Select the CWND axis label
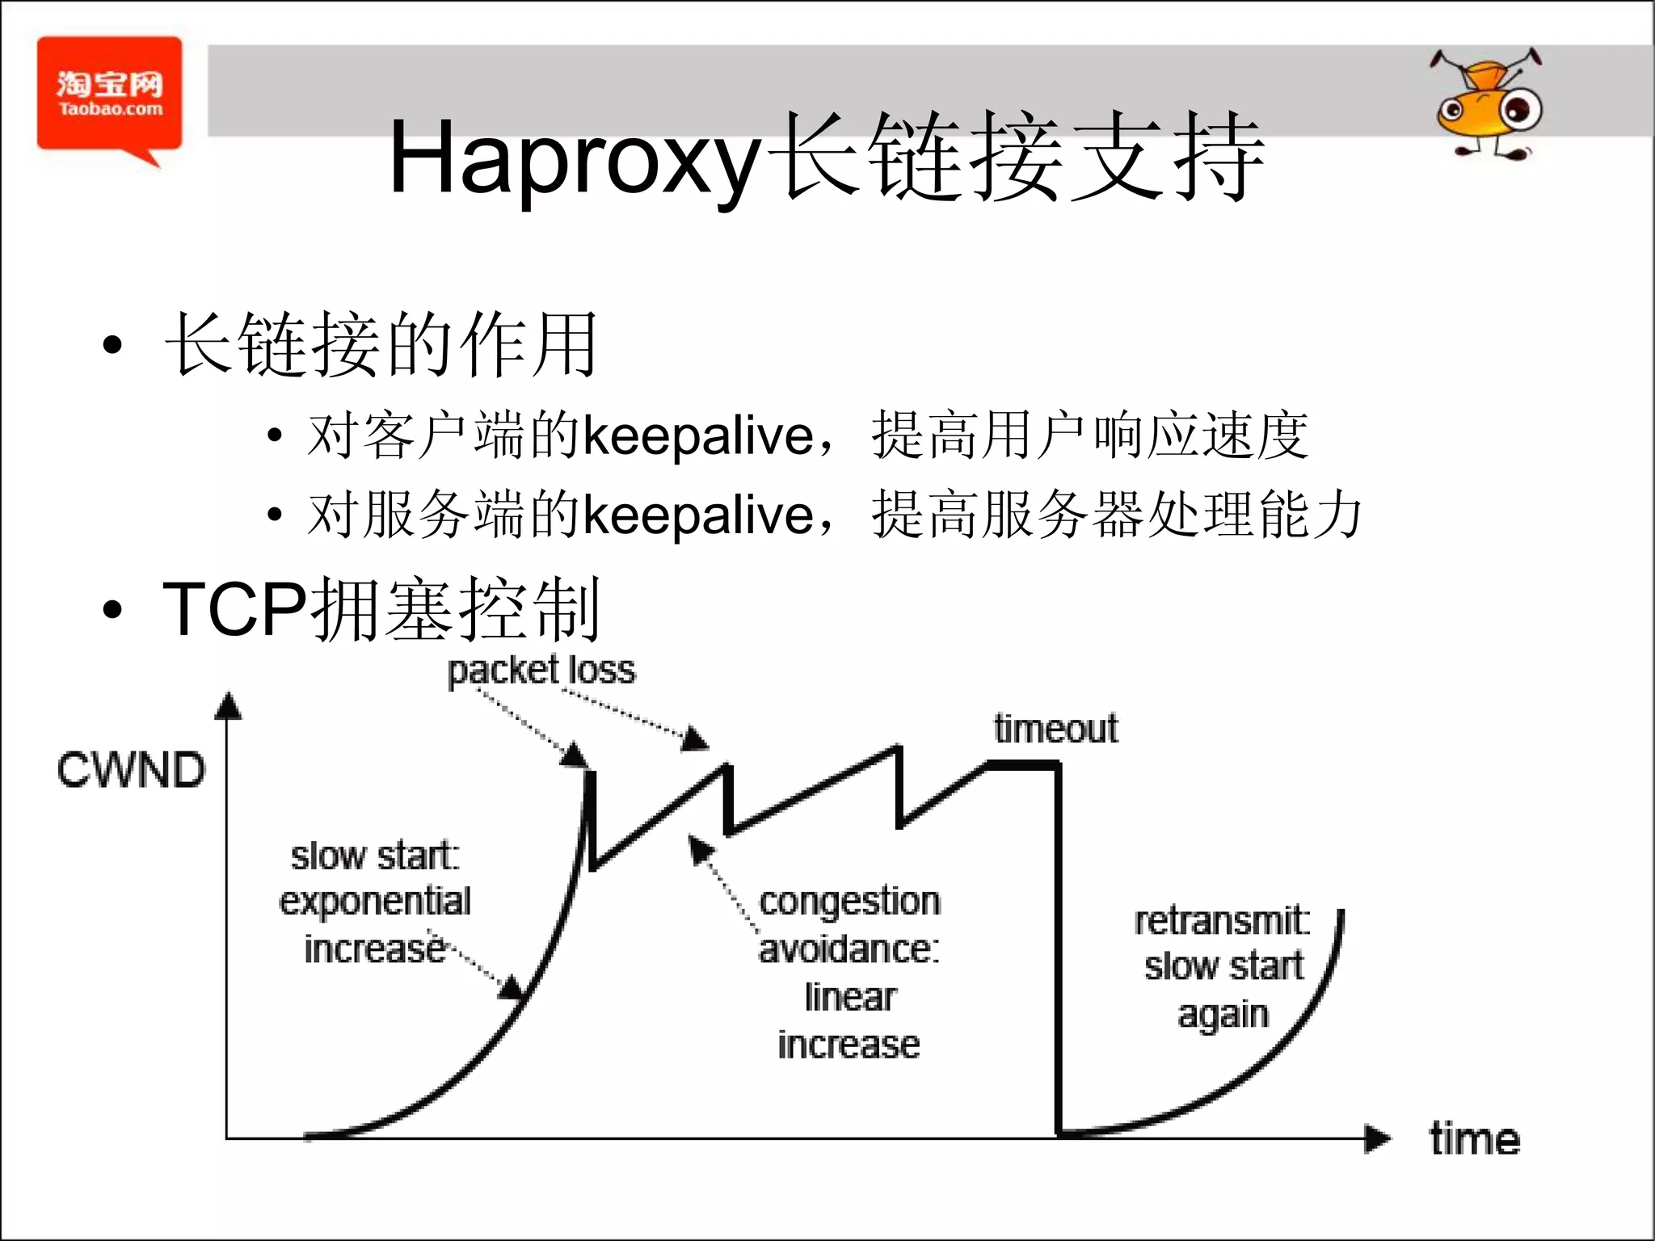tap(131, 770)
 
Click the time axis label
tap(1474, 1139)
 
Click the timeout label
tap(1055, 729)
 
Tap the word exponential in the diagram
tap(374, 902)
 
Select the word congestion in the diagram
tap(849, 902)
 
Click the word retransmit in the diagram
tap(1221, 921)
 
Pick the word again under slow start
tap(1222, 1015)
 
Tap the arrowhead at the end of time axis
tap(1377, 1139)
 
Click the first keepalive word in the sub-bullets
tap(698, 436)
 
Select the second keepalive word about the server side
tap(698, 515)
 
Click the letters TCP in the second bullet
tap(234, 609)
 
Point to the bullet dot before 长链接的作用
tap(112, 346)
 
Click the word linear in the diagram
tap(849, 997)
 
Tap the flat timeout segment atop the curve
tap(1021, 764)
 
